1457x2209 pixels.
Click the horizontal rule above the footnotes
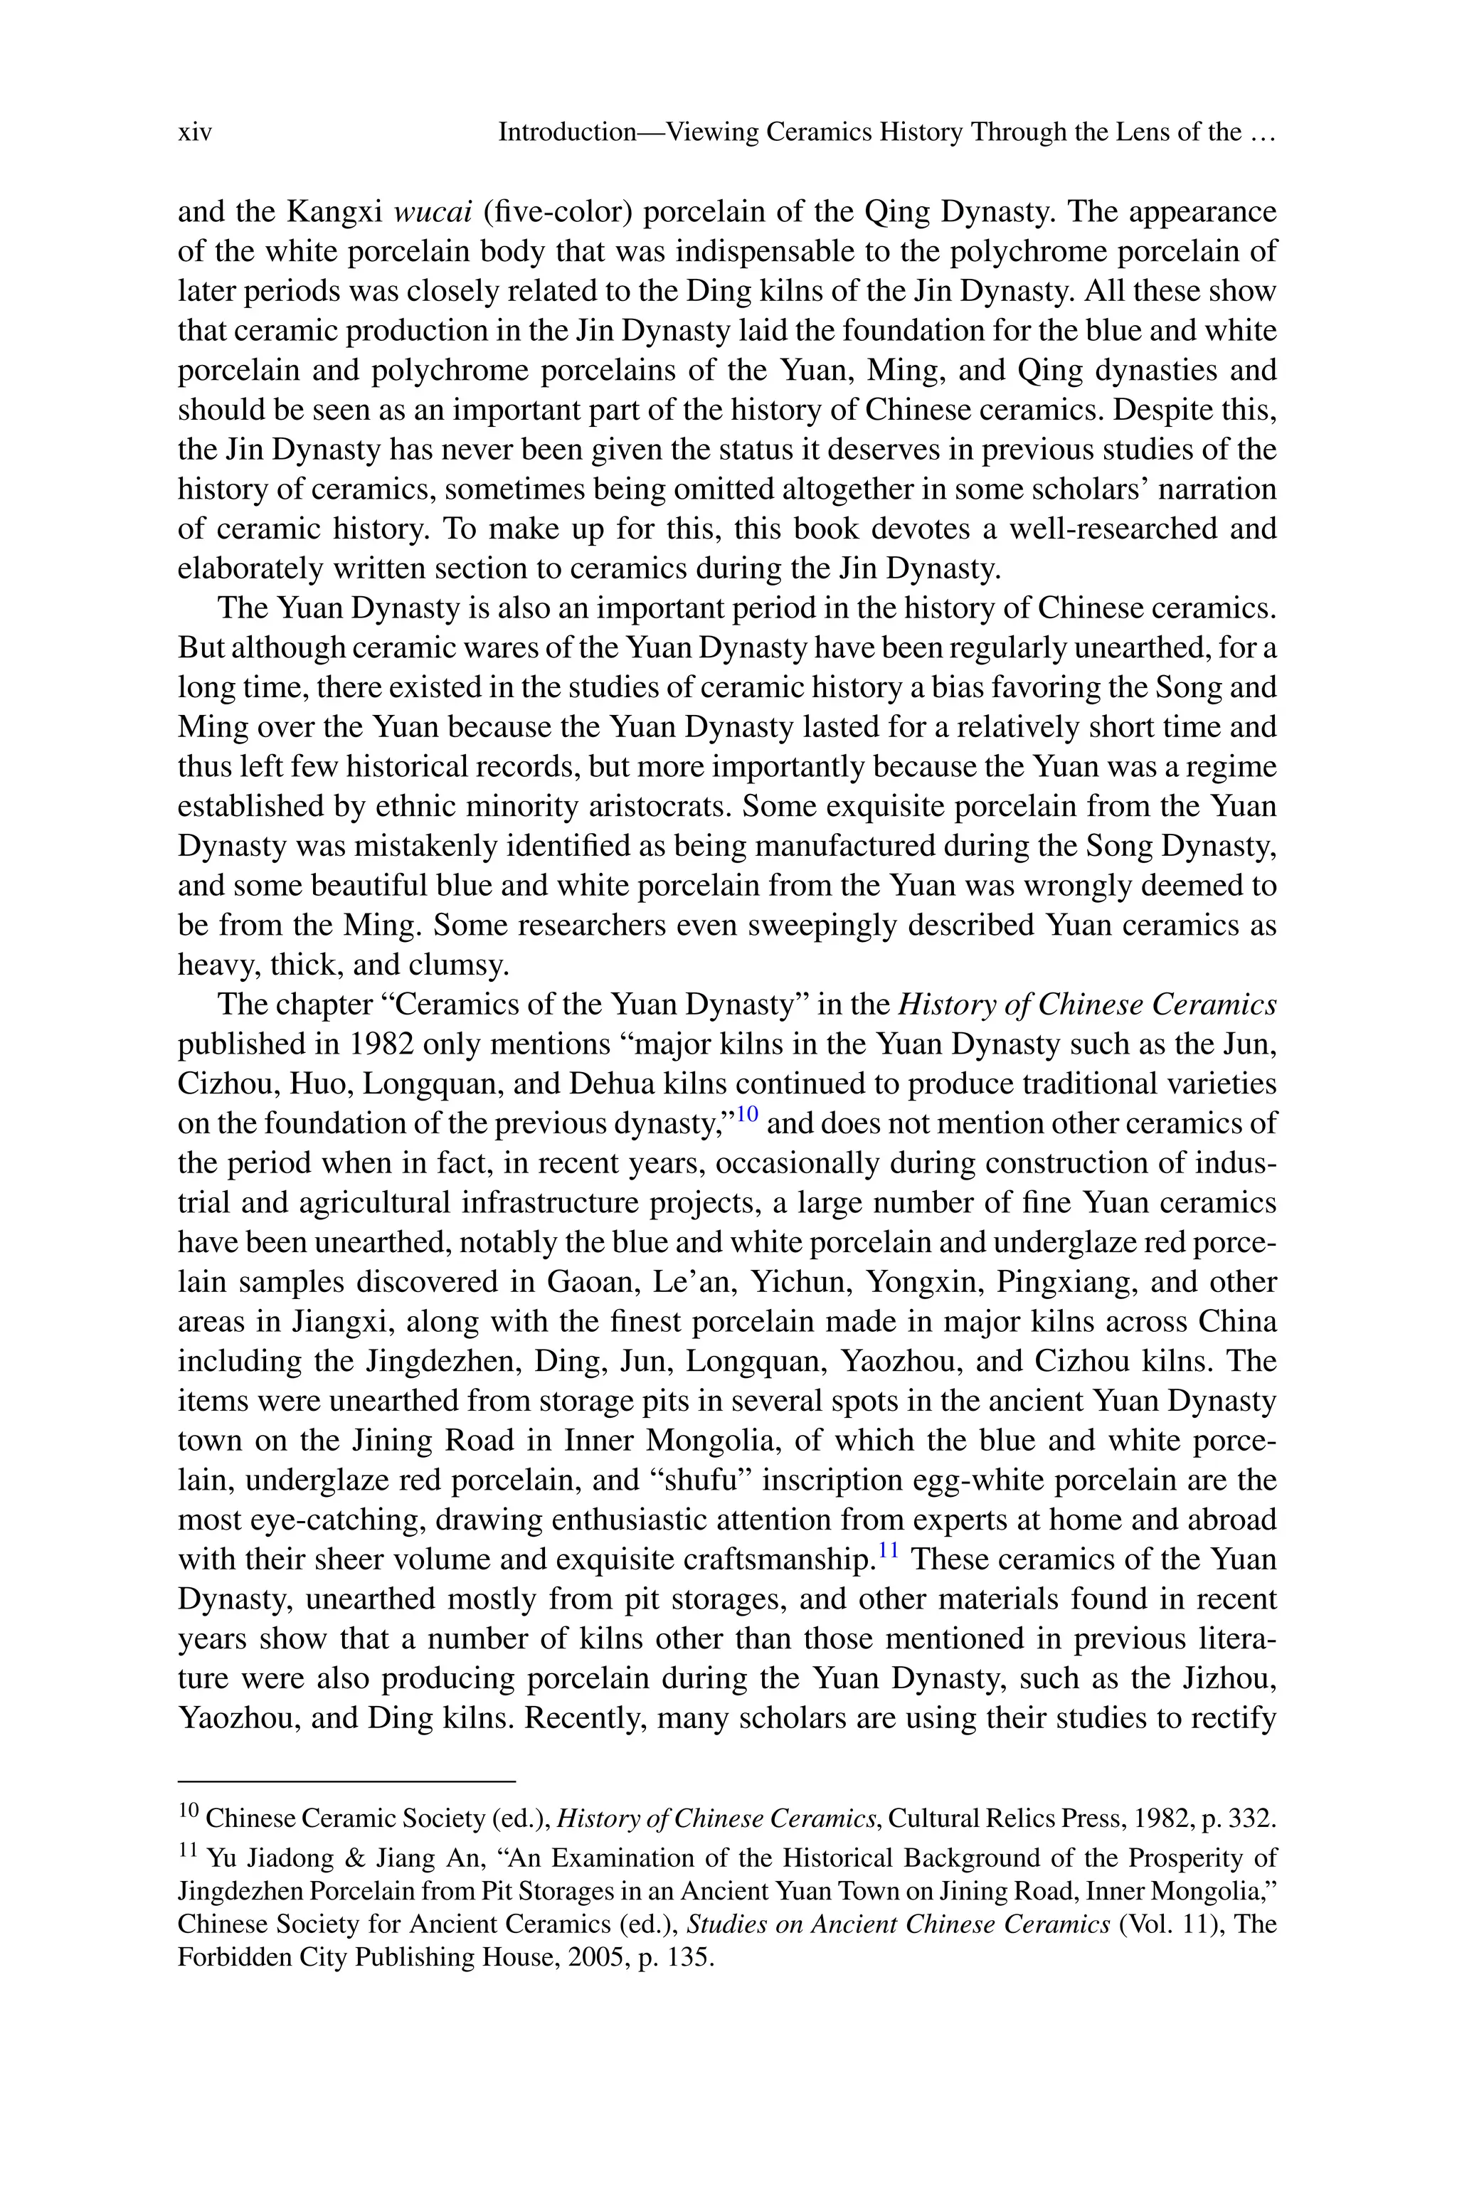[x=346, y=1781]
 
